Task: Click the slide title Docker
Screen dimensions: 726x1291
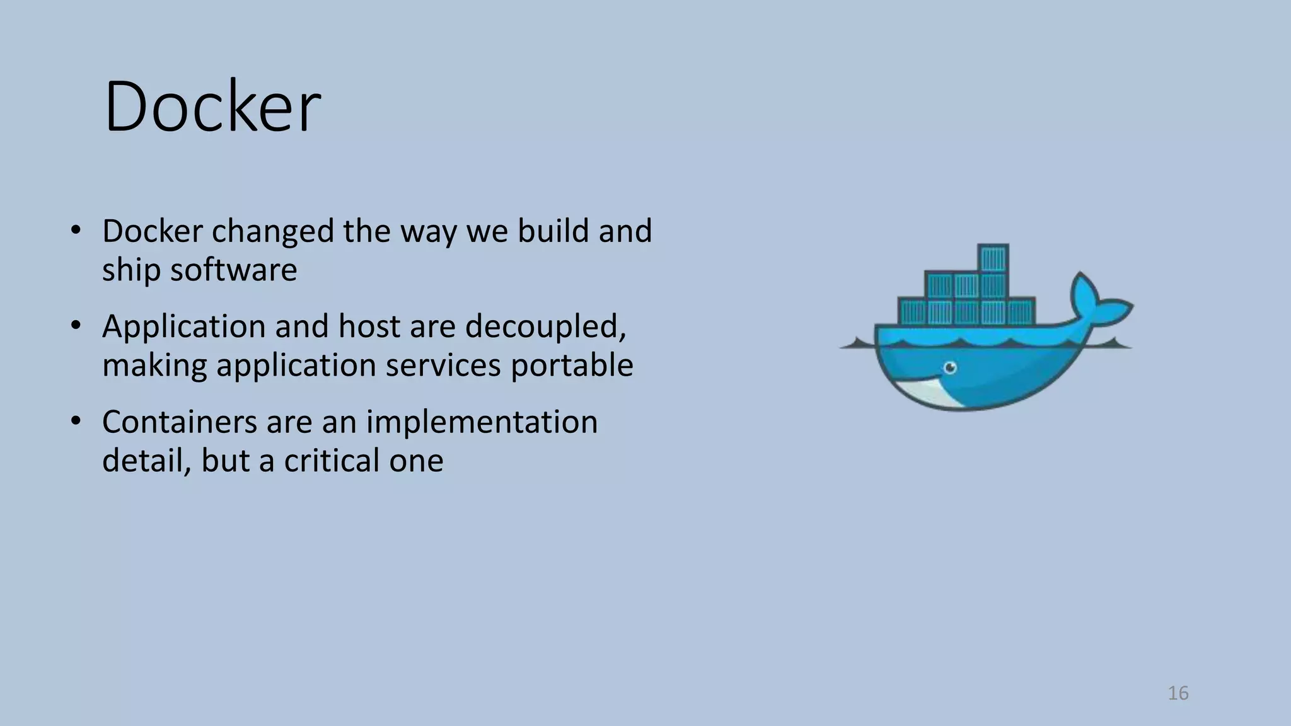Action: [x=212, y=107]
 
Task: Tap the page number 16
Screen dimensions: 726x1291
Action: [x=1178, y=693]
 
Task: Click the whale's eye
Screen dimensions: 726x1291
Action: [x=950, y=367]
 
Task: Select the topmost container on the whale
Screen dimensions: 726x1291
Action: [x=993, y=258]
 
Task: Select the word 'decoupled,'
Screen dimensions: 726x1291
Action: [x=546, y=327]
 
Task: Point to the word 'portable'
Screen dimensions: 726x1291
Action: [x=572, y=366]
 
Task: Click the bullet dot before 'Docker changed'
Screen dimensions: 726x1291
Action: [x=76, y=231]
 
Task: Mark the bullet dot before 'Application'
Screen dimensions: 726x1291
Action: [x=76, y=326]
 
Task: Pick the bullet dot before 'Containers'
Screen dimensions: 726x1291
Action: [x=76, y=422]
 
